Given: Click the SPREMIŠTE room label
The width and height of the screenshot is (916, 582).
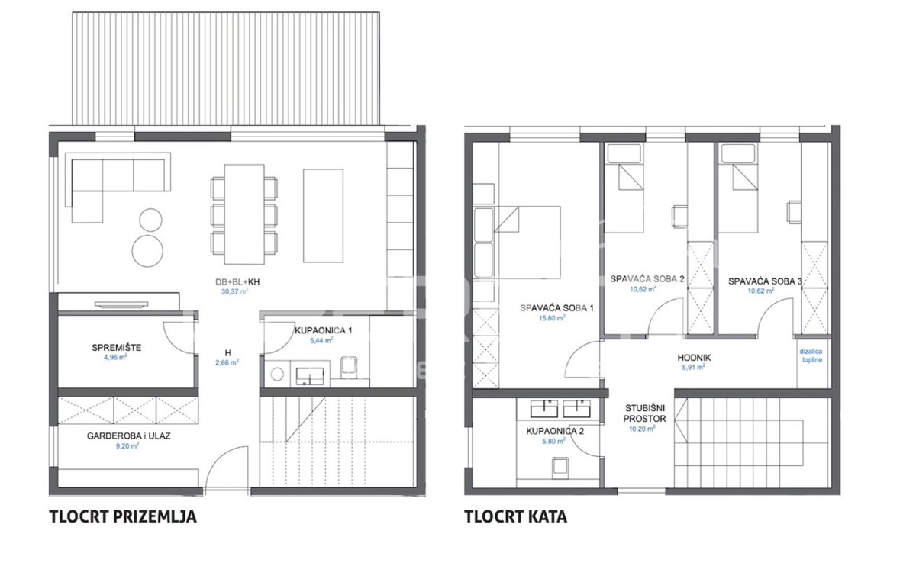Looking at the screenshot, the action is (x=117, y=348).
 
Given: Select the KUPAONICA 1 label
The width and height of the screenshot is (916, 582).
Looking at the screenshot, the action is (x=323, y=330).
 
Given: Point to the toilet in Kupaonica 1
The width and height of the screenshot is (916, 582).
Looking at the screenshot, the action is (x=349, y=365).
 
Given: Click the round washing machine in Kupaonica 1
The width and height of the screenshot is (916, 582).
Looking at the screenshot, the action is (x=277, y=374).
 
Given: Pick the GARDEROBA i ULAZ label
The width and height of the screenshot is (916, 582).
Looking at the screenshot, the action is (x=128, y=436).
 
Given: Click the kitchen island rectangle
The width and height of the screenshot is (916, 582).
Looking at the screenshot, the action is (x=323, y=215).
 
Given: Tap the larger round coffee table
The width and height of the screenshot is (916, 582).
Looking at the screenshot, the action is (x=147, y=251).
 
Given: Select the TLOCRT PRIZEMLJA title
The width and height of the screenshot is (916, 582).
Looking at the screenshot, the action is (x=123, y=516).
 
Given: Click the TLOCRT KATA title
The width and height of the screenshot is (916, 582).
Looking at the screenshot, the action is (x=516, y=516).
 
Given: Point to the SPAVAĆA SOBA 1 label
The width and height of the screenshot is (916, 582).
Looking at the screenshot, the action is (x=556, y=308).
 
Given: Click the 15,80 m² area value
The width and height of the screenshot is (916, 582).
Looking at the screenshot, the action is (x=552, y=317).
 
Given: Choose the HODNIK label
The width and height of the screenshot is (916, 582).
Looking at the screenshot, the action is (x=694, y=358).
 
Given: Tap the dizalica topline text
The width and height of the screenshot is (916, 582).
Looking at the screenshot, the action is (x=811, y=355).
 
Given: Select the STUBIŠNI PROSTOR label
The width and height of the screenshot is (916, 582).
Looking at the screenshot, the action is (x=645, y=413).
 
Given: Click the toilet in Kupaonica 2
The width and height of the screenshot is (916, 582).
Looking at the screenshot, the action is (x=560, y=468).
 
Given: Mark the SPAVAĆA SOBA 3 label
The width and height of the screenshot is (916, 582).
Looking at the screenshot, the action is (x=765, y=281).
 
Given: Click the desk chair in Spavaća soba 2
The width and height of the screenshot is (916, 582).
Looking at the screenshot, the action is (x=679, y=216).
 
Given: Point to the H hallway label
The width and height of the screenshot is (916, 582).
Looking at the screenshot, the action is (x=227, y=353).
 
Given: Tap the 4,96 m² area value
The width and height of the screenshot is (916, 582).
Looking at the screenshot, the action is (x=115, y=357).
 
